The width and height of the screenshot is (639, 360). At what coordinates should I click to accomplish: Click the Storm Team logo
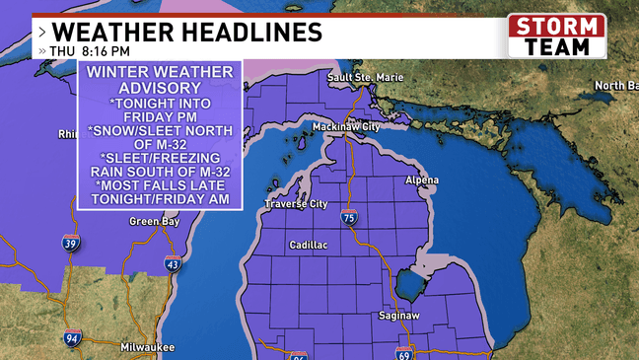coord(557,36)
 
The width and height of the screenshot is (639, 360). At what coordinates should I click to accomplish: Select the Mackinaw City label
coord(373,127)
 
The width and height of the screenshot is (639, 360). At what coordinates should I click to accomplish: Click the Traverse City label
coord(295,204)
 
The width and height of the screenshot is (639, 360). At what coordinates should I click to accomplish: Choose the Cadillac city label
coord(311,244)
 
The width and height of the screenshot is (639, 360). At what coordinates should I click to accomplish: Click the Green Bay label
coord(153,222)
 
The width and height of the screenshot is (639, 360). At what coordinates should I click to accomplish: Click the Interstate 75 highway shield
coord(349,218)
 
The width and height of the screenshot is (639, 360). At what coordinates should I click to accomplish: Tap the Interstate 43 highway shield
coord(173,264)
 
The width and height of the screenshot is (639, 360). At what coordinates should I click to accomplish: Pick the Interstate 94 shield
coord(72,337)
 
